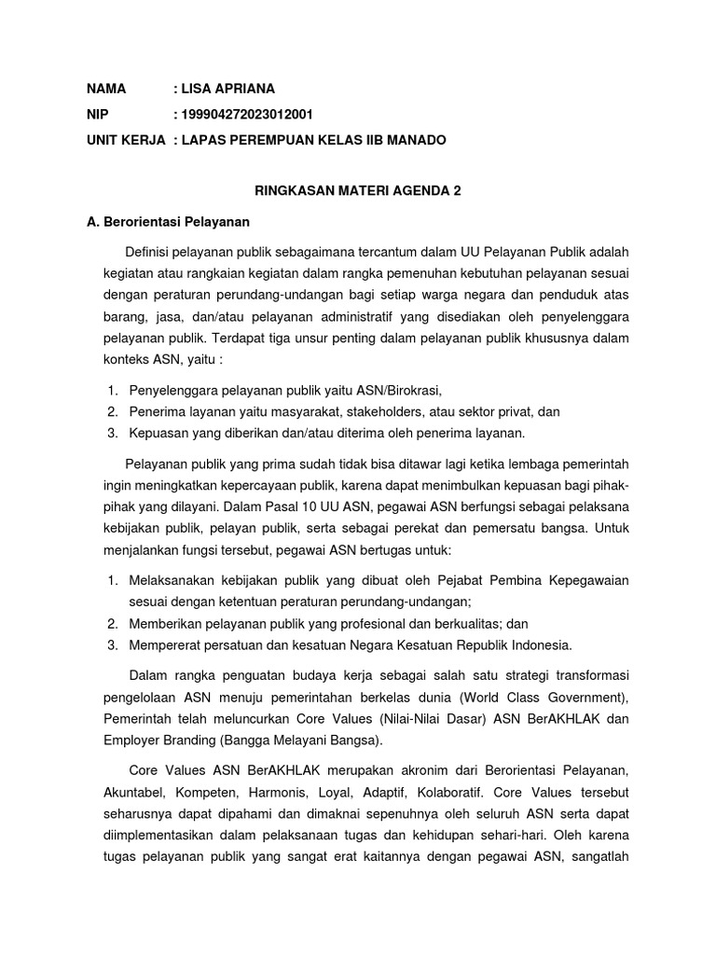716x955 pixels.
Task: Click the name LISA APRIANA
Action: (228, 89)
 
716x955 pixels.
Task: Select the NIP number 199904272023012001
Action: (247, 115)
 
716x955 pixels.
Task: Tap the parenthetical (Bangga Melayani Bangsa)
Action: (296, 741)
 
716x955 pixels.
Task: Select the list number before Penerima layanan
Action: (112, 411)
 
